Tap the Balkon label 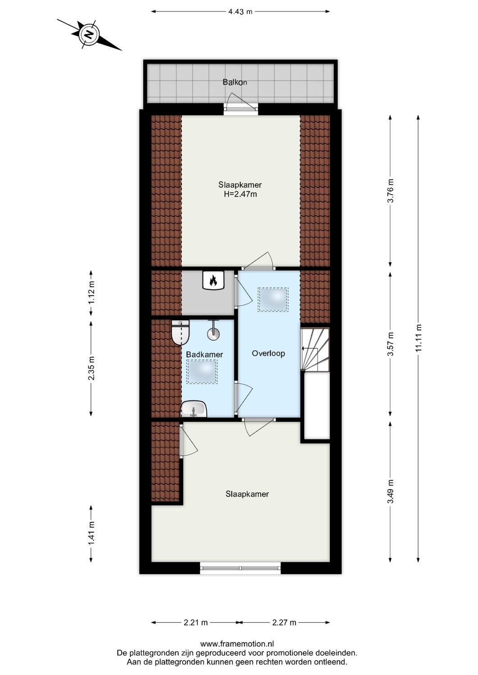point(235,82)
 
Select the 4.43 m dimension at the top point(240,12)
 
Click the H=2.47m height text point(240,194)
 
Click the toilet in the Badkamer point(181,332)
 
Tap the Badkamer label point(205,355)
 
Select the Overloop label point(268,353)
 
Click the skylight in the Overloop point(273,299)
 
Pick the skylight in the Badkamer point(202,372)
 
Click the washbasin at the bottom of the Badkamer point(194,410)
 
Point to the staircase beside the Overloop point(315,349)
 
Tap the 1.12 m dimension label point(91,293)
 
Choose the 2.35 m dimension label point(91,368)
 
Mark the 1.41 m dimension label point(91,533)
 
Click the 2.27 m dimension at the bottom point(284,623)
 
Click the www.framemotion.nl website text point(237,644)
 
